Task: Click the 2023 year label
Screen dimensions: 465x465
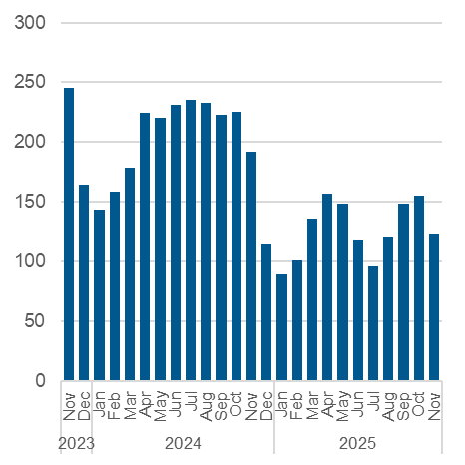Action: tap(76, 441)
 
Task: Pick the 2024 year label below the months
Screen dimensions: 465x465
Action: tap(183, 441)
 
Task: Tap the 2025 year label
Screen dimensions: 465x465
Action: tap(357, 441)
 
